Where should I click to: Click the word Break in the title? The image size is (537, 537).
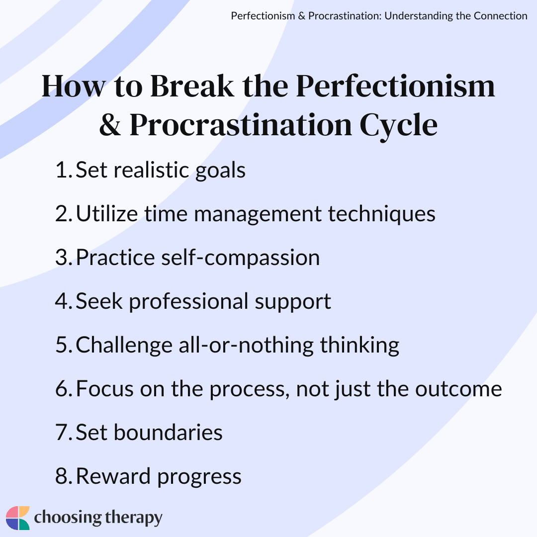(x=192, y=86)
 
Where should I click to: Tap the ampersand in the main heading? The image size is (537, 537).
(x=110, y=125)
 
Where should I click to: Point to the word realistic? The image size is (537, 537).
(x=151, y=170)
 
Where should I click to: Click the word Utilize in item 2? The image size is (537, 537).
(x=107, y=213)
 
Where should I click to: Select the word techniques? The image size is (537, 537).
(x=381, y=215)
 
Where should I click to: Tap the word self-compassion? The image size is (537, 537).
(x=241, y=258)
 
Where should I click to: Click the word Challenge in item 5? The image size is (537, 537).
(x=124, y=346)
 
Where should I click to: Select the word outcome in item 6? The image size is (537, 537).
(x=458, y=389)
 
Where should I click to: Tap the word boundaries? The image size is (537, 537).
(x=168, y=432)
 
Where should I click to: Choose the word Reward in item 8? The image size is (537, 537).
(x=113, y=476)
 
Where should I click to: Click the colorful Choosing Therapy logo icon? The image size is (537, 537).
(x=18, y=518)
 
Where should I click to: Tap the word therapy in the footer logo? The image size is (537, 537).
(x=134, y=518)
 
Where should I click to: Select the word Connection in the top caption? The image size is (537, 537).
(x=500, y=16)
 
